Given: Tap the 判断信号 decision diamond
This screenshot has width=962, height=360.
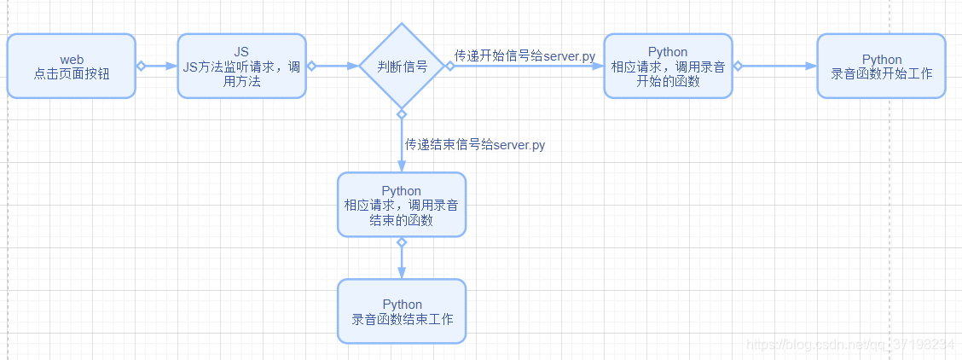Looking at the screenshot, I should [402, 67].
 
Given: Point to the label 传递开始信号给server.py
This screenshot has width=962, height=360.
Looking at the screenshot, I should [524, 56].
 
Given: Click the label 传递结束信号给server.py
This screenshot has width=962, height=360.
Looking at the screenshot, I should [475, 145].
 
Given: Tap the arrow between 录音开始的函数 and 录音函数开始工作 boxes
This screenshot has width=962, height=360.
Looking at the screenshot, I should [776, 66].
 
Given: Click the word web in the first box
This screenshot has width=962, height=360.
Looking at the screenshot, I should [72, 59].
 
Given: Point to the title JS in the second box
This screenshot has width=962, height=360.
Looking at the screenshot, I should [241, 52].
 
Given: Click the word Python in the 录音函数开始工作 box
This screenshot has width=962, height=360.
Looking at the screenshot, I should [881, 59].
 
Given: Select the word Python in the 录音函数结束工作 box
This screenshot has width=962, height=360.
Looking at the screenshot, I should [402, 305].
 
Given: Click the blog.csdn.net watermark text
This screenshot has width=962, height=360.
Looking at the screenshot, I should [849, 344].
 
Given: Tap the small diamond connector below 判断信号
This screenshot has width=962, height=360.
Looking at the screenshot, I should [402, 113].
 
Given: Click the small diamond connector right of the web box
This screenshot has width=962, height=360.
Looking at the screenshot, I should [142, 66].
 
